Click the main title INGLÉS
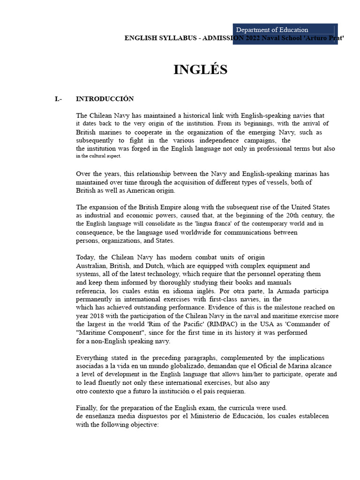[200, 70]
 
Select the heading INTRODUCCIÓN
[105, 99]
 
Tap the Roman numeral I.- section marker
[59, 99]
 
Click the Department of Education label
[272, 30]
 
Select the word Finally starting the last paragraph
[87, 407]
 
